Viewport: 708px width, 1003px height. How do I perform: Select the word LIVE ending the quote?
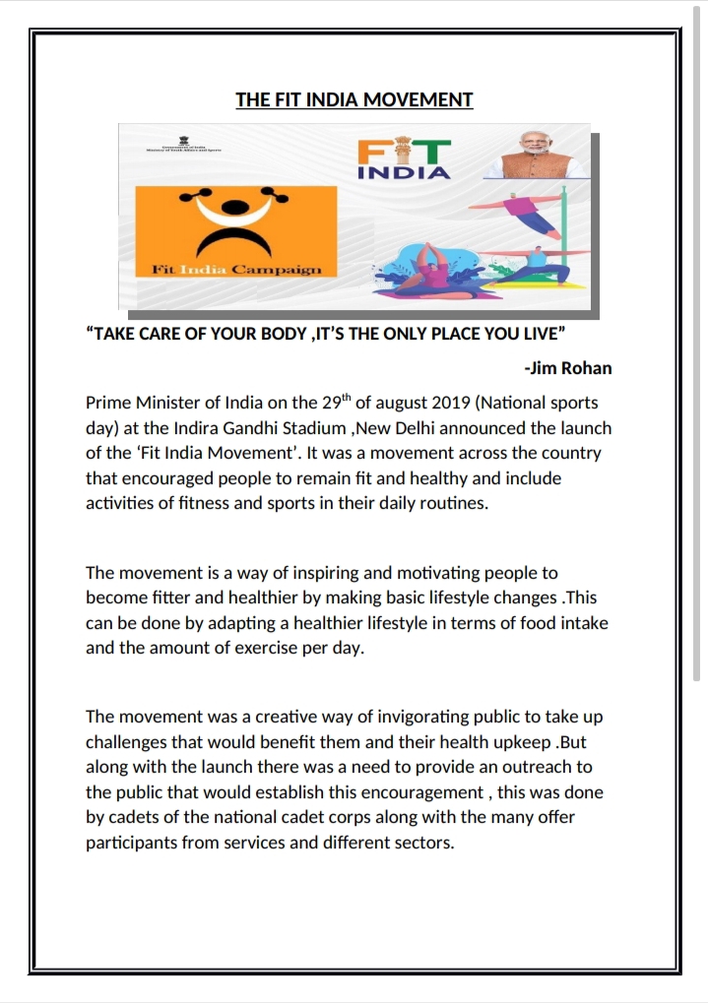540,333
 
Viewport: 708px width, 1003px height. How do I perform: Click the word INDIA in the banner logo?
404,173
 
